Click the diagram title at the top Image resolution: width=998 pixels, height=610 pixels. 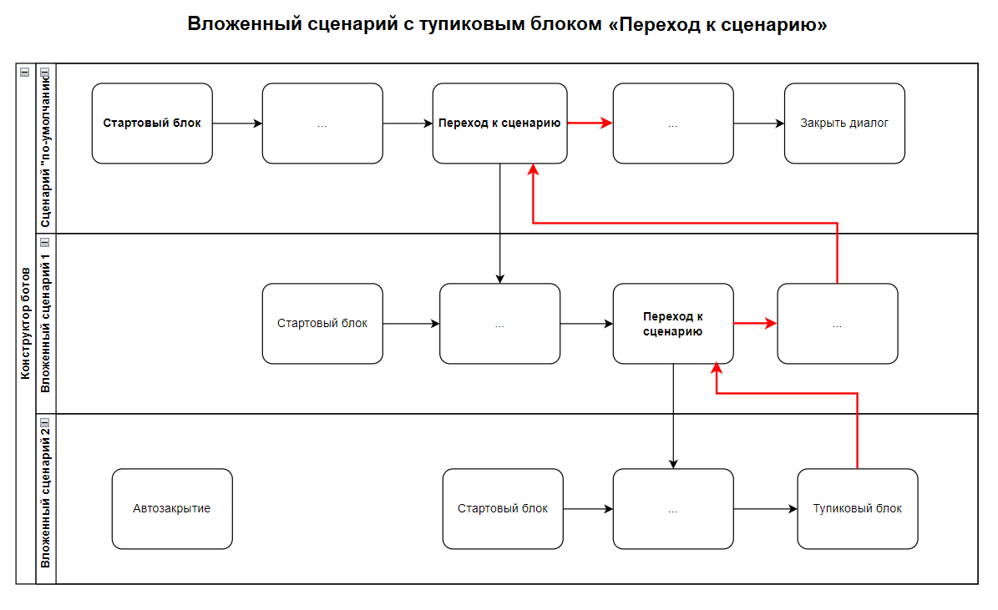(507, 24)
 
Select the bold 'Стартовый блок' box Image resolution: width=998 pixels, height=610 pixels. (152, 124)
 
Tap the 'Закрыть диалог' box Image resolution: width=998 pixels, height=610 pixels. (844, 124)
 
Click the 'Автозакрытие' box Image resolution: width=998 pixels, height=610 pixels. (172, 509)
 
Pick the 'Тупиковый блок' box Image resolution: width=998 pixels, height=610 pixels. (858, 509)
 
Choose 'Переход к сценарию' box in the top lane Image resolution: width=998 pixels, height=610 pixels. (499, 124)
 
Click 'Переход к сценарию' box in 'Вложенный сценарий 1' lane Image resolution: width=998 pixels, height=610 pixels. (673, 324)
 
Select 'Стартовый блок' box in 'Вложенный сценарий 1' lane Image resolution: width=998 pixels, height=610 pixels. (322, 324)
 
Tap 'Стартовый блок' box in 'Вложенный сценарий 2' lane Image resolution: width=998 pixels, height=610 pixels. (503, 509)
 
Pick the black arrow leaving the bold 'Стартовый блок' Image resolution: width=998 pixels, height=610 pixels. (237, 124)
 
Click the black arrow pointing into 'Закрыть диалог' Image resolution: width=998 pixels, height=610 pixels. (758, 124)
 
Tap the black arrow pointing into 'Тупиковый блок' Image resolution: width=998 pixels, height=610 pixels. (765, 509)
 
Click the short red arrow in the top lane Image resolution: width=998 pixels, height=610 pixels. (590, 124)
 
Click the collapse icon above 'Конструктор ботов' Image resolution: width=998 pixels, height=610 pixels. (25, 73)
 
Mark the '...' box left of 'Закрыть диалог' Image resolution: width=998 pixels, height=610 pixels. (673, 124)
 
